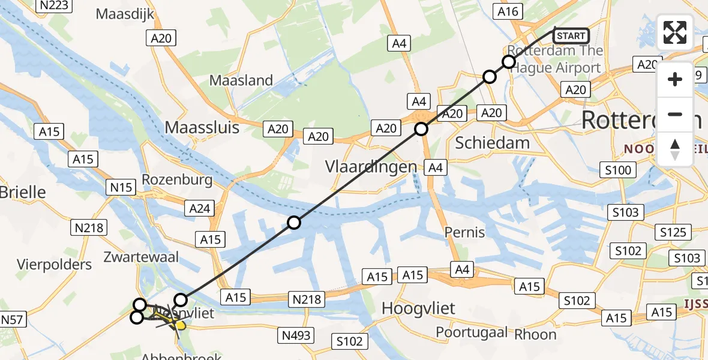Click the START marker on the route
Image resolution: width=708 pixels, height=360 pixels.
point(571,36)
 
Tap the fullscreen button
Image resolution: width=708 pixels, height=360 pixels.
point(675,32)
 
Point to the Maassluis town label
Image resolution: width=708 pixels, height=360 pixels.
point(202,128)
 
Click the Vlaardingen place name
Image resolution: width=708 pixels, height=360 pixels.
point(371,167)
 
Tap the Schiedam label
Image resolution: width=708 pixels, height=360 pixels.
point(493,143)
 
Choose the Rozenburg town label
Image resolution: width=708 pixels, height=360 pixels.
point(177,180)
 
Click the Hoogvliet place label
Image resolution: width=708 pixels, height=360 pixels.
point(419,309)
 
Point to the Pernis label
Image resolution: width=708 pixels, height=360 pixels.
point(465,232)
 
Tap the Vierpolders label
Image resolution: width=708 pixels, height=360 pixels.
point(55,265)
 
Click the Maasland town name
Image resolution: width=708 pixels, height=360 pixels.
point(241,80)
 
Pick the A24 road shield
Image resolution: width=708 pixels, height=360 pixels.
point(199,208)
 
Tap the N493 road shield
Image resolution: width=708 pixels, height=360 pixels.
point(298,335)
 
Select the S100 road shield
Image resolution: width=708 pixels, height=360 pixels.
point(618,170)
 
